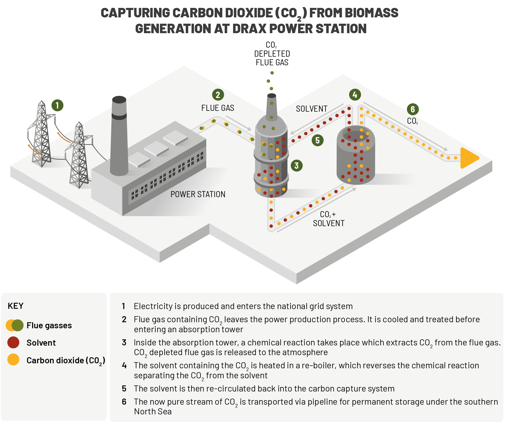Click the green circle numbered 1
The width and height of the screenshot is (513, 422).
[57, 106]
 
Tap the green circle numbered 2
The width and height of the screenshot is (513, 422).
[218, 95]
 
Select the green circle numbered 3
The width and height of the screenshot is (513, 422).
[296, 166]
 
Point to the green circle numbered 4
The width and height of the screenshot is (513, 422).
[355, 95]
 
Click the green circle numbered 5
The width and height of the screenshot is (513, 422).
[318, 140]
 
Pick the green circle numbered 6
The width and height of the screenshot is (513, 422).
[413, 109]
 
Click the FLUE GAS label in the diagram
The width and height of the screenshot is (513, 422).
[218, 108]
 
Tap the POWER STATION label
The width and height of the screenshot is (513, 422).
[198, 194]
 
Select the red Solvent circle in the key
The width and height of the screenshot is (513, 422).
[13, 342]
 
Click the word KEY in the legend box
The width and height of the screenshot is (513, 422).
[16, 306]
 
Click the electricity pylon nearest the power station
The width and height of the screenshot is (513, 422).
[79, 155]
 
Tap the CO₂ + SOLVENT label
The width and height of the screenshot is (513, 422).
[328, 219]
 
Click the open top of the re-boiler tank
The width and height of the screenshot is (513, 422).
[356, 135]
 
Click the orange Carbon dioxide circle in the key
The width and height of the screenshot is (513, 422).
[13, 360]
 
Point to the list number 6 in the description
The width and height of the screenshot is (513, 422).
[124, 402]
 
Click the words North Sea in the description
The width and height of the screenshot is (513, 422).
[153, 411]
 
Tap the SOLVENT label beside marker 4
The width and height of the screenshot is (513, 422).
[311, 109]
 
